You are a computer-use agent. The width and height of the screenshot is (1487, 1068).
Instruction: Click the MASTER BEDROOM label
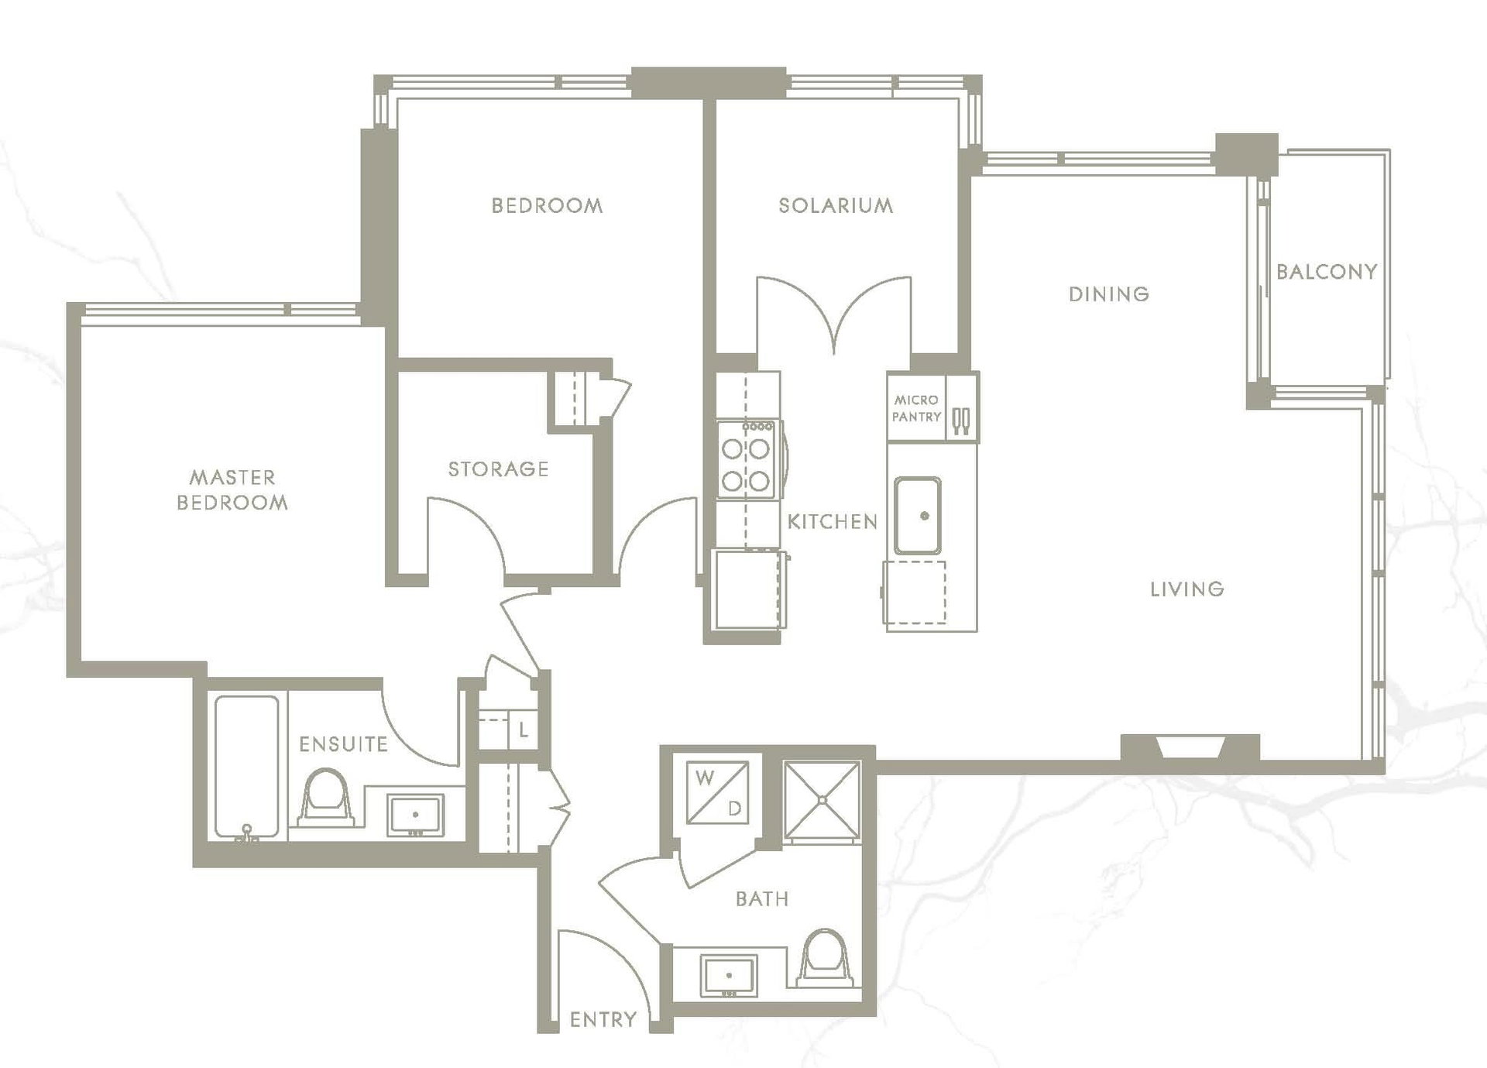pos(232,489)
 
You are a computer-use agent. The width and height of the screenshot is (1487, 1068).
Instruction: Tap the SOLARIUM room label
pos(836,205)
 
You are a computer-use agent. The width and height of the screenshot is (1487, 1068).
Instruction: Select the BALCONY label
pos(1327,271)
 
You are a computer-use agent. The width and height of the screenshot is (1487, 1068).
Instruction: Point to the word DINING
pos(1109,294)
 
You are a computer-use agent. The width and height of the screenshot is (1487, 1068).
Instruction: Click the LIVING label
pos(1187,589)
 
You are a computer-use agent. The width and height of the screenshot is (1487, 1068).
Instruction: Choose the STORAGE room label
pos(499,469)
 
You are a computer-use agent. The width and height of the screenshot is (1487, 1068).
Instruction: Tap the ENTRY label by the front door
pos(603,1019)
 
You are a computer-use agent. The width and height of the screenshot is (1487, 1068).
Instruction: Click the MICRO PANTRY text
pos(916,408)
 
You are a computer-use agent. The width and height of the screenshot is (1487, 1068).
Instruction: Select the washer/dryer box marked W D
pos(718,792)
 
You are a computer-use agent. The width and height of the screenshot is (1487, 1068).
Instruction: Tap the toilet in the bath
pos(826,958)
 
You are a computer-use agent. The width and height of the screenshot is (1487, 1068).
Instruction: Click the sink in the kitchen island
pos(918,516)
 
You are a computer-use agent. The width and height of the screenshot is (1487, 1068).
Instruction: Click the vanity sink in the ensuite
pos(416,815)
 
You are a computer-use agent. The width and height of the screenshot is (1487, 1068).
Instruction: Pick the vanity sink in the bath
pos(729,976)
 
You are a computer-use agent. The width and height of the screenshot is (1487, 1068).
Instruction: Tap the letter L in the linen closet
pos(524,730)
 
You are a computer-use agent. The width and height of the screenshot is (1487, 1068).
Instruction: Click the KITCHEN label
pos(833,521)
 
